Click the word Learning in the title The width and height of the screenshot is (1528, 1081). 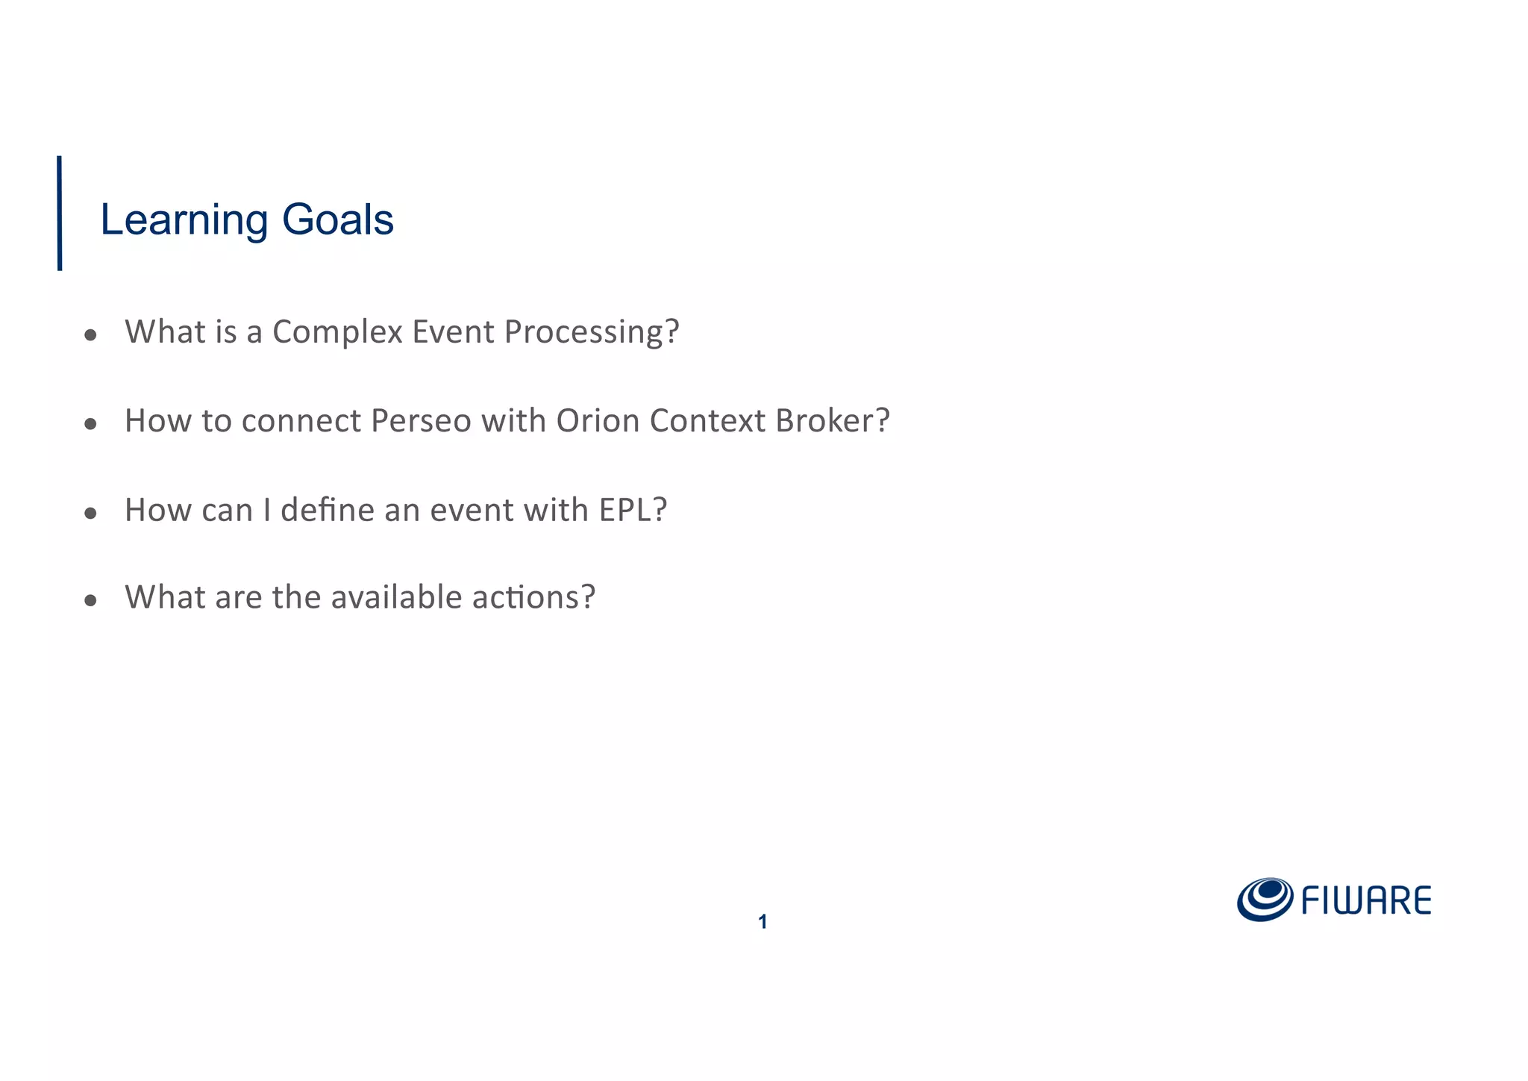(184, 221)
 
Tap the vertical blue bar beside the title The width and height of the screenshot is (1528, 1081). (60, 213)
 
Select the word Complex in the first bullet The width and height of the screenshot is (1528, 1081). (337, 332)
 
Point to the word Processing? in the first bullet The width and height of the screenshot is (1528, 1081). (592, 332)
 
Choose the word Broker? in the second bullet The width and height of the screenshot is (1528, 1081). (832, 421)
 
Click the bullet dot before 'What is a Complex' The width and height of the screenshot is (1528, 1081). (91, 336)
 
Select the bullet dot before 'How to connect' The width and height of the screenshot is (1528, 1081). (91, 425)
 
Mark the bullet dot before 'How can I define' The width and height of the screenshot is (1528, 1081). (91, 514)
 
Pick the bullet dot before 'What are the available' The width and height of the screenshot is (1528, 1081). (91, 600)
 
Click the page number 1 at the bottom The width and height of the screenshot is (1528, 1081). (763, 922)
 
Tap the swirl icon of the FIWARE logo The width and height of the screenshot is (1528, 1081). (1264, 899)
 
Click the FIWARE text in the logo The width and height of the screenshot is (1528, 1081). (1366, 901)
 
